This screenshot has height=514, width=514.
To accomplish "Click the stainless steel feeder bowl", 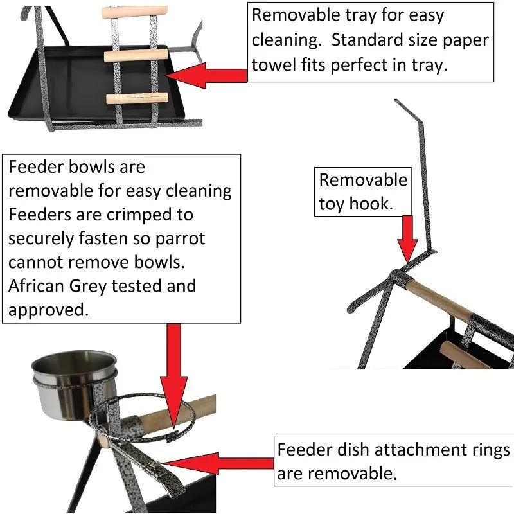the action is [x=74, y=385].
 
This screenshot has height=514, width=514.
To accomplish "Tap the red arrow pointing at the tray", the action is [x=206, y=76].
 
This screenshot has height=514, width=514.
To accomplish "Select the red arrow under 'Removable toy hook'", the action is [x=407, y=239].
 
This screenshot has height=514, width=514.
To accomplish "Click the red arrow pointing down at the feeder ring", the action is [x=173, y=377].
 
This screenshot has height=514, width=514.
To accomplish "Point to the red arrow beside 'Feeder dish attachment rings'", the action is [x=218, y=463].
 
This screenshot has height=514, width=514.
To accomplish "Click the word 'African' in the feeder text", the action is [x=36, y=286].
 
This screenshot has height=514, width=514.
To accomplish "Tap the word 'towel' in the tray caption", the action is [x=274, y=65].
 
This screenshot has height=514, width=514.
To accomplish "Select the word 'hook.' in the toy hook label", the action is [x=371, y=204].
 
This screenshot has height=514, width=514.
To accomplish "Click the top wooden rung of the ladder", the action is [x=134, y=12].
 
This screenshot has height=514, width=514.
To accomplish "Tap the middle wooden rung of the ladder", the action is [x=136, y=55].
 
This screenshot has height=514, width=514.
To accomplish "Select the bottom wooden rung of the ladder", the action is [x=137, y=98].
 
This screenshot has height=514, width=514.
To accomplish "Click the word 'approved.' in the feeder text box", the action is [x=48, y=310].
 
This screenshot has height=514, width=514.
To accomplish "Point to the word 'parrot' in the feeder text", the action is [x=181, y=239].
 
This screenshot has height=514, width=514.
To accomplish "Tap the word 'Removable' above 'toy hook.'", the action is [x=363, y=180].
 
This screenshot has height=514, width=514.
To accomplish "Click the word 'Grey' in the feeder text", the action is [x=87, y=287].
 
